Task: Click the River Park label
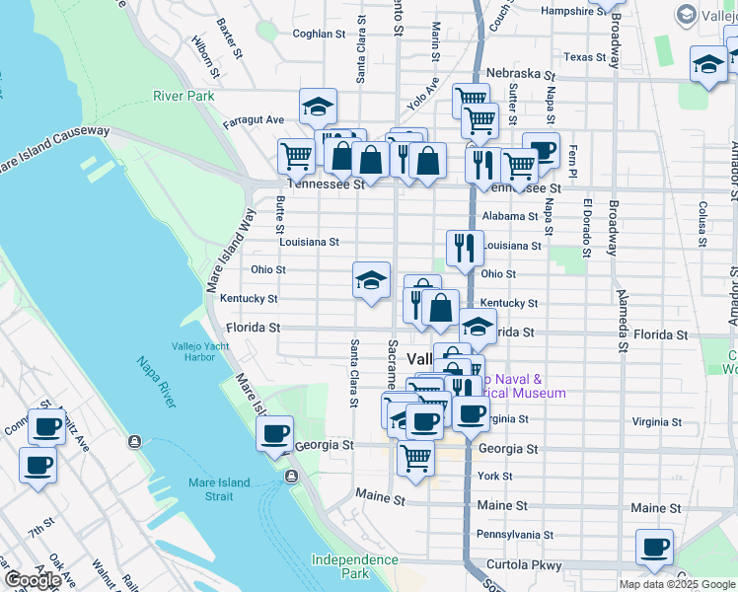click(184, 96)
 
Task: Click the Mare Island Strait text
click(220, 489)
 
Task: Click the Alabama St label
click(510, 216)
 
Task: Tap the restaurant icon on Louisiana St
click(465, 247)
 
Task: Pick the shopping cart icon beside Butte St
click(296, 155)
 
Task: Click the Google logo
click(35, 580)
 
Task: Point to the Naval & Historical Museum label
click(525, 386)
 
